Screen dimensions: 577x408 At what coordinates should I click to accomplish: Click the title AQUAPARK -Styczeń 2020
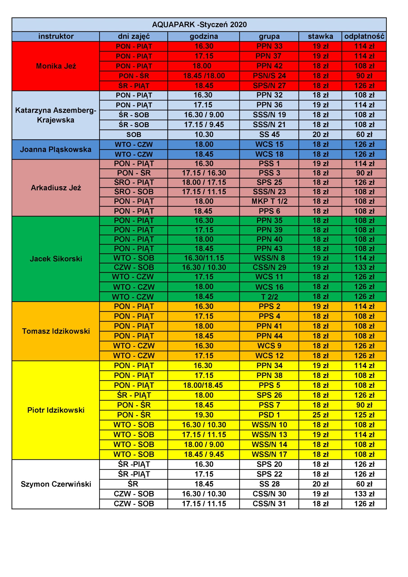pos(199,25)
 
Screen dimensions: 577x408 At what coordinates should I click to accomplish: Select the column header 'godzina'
pos(204,37)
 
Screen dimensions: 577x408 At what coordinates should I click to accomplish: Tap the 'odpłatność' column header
pos(364,37)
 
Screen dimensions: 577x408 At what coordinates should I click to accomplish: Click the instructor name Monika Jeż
pos(56,66)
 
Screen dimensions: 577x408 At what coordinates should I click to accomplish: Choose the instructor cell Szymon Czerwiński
pos(56,484)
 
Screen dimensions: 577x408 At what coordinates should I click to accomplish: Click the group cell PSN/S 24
pos(269,76)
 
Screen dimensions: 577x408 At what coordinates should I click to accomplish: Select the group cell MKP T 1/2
pos(269,201)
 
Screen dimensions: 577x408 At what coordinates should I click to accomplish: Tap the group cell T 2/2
pos(269,297)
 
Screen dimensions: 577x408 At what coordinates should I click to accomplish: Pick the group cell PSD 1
pos(269,415)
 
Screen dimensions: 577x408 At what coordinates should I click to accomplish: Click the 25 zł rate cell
pos(320,415)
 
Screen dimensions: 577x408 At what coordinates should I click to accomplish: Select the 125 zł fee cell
pos(364,415)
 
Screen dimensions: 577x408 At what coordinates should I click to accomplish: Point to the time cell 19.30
pos(204,415)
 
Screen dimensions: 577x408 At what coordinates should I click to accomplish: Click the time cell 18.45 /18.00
pos(204,76)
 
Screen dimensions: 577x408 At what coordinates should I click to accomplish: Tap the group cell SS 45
pos(269,135)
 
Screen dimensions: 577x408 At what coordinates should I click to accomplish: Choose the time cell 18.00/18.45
pos(203,385)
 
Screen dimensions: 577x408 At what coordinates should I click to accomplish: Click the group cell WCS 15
pos(269,144)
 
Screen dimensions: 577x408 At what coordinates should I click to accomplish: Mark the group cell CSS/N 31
pos(269,504)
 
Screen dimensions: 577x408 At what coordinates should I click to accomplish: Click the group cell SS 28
pos(269,484)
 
